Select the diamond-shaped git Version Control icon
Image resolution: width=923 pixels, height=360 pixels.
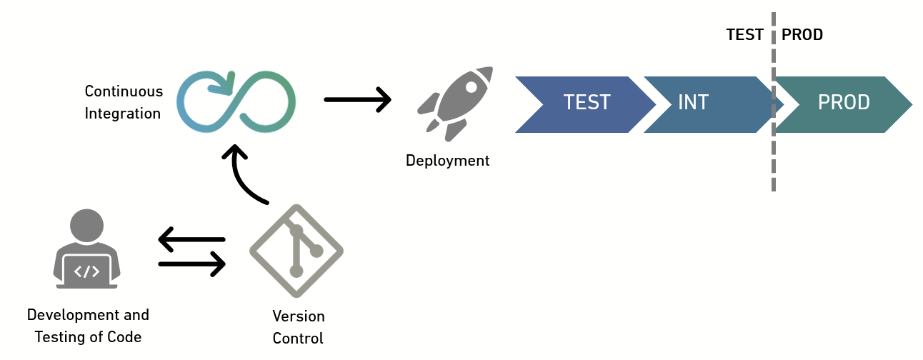coord(296,251)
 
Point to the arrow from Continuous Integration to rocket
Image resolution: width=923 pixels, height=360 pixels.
coord(357,99)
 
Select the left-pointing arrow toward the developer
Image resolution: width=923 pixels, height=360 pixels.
coord(191,239)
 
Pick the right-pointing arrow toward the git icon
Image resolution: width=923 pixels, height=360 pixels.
coord(191,264)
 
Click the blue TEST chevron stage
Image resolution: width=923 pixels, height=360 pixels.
coord(582,104)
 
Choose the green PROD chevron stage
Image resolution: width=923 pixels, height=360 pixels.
coord(843,104)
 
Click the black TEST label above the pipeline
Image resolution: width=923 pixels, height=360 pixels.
coord(744,35)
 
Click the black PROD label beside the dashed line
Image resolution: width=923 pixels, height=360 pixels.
coord(802,35)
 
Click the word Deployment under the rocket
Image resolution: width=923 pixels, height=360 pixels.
coord(448,161)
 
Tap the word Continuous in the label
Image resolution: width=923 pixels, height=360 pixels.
coord(124,91)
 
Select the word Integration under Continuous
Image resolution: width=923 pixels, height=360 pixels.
coord(123,113)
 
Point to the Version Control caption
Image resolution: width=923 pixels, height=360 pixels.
coord(299,326)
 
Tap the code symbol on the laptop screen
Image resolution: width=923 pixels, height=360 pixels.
coord(87,271)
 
